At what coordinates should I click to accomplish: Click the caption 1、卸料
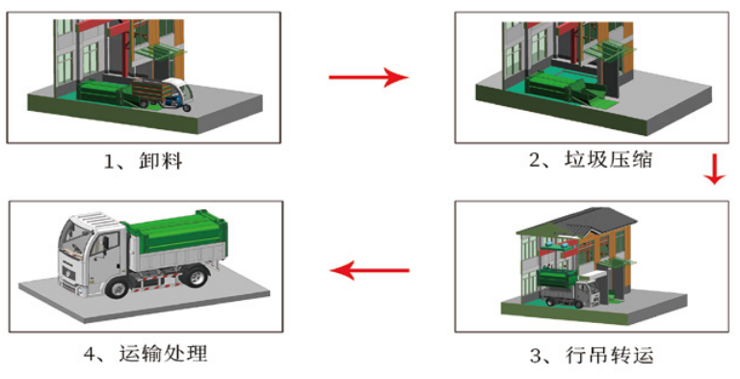click(x=143, y=162)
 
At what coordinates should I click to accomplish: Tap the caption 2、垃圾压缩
click(x=591, y=160)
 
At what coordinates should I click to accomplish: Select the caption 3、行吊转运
click(x=592, y=355)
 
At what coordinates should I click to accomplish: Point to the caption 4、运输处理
click(x=145, y=353)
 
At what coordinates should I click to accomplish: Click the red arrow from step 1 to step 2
click(x=368, y=77)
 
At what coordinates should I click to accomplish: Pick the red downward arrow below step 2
click(x=715, y=169)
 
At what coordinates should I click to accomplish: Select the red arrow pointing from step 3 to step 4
click(x=370, y=271)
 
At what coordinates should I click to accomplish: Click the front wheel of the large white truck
click(x=116, y=286)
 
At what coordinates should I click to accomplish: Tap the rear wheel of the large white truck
click(x=195, y=277)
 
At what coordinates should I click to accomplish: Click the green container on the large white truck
click(x=177, y=232)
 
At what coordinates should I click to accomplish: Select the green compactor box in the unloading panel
click(x=101, y=92)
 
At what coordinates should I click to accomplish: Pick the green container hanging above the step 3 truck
click(x=558, y=277)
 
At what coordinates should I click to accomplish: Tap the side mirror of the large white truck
click(x=105, y=243)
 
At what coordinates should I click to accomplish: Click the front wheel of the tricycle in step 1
click(x=187, y=108)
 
